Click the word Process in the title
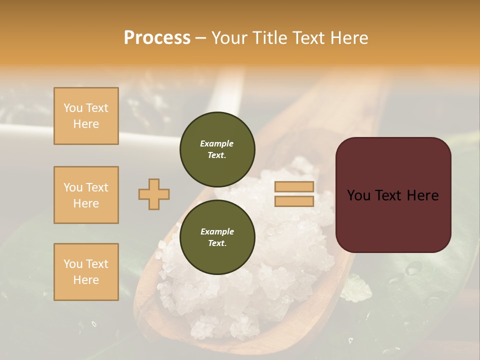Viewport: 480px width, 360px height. pos(157,38)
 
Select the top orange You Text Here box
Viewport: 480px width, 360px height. pos(86,116)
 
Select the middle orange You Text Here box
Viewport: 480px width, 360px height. pos(86,195)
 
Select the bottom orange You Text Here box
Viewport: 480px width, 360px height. pos(86,272)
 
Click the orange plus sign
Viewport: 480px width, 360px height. pos(154,194)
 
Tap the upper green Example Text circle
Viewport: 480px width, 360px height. pos(217,149)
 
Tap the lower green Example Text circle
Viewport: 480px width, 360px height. pos(217,237)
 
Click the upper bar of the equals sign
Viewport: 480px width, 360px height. pos(294,187)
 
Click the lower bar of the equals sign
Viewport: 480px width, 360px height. pos(294,201)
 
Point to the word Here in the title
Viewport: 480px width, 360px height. pos(348,38)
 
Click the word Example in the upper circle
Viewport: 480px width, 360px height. pos(217,143)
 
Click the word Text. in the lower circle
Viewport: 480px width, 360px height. pos(217,243)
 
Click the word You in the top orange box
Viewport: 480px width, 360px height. pos(73,108)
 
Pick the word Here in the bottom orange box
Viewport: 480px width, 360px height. pos(86,280)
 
